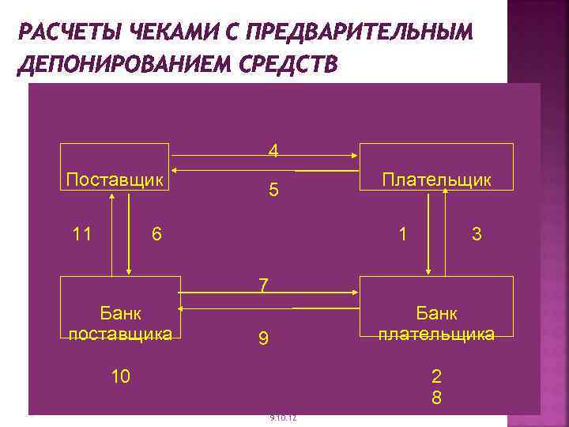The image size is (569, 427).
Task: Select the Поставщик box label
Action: coord(115,179)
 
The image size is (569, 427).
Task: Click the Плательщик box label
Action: coord(436,179)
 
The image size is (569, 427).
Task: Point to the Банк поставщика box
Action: coord(121,323)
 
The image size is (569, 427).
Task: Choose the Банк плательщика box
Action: coord(436,323)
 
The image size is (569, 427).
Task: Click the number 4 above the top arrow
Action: coord(273,150)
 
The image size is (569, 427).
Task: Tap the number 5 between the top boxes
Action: coord(273,191)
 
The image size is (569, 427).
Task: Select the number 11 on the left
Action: coord(82,234)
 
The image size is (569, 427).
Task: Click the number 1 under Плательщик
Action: coord(404,234)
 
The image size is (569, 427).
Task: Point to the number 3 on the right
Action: coord(476,234)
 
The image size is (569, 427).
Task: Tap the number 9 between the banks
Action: coord(264,340)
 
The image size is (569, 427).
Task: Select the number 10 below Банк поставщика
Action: coord(121,376)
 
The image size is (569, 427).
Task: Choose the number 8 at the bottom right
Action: coord(436,398)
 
